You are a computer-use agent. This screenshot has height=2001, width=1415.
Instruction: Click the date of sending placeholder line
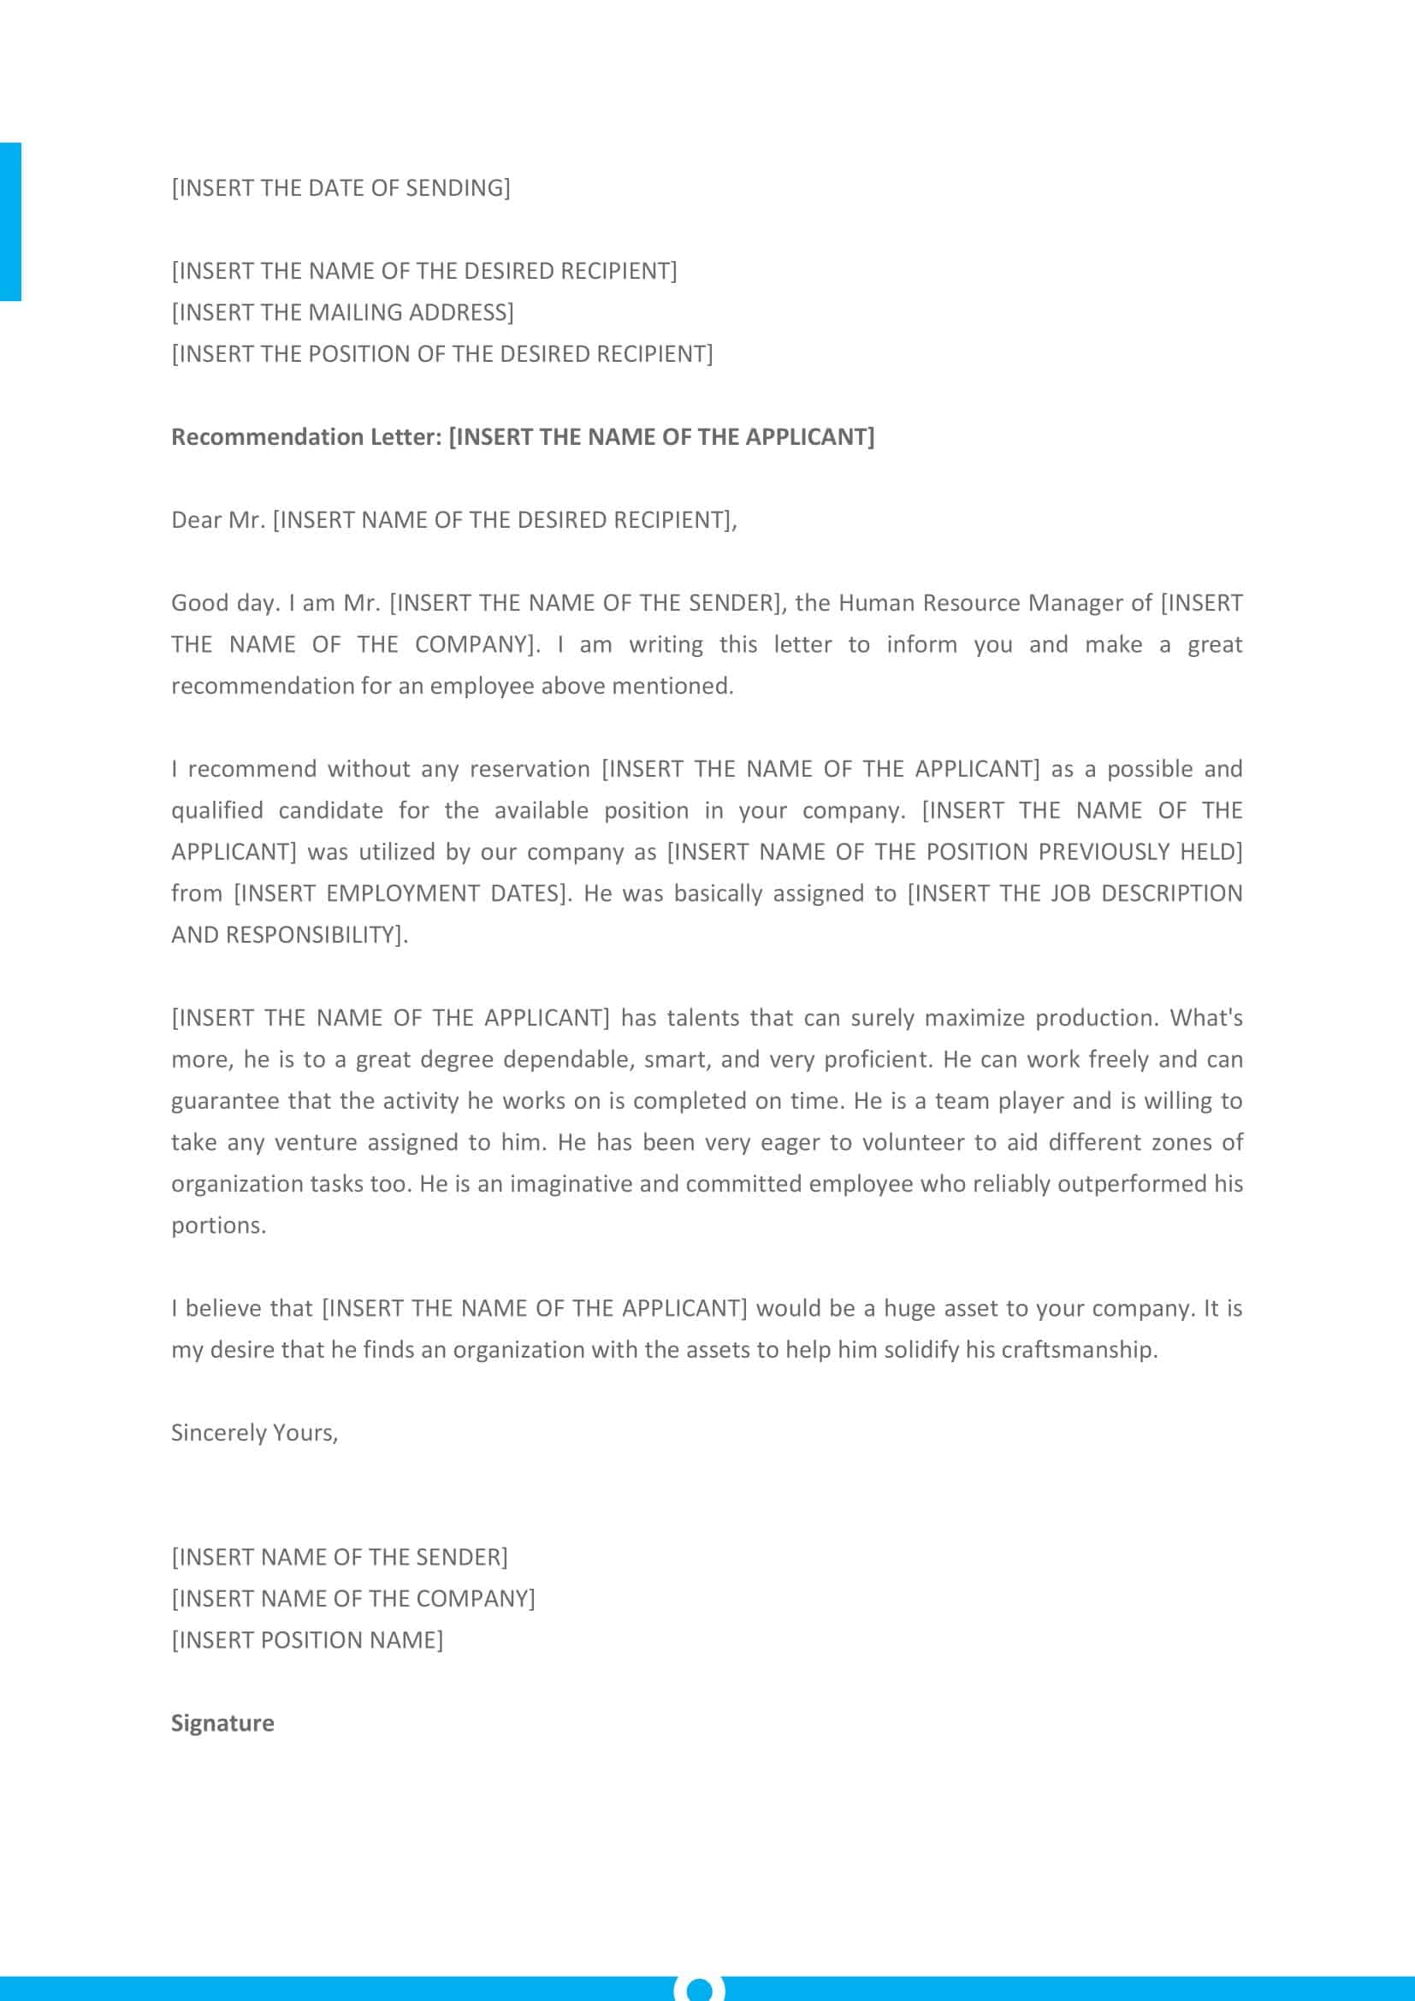coord(340,188)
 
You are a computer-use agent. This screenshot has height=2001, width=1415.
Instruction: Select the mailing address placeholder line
coord(342,312)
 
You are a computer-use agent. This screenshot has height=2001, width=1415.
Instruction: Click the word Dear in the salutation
coord(196,520)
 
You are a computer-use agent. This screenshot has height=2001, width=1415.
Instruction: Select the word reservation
coord(530,769)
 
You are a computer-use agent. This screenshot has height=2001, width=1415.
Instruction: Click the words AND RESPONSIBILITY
coord(288,935)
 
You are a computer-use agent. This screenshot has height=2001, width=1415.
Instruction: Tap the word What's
coord(1206,1018)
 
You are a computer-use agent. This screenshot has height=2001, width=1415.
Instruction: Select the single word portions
coord(218,1225)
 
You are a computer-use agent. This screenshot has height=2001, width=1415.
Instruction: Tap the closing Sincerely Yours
coord(254,1433)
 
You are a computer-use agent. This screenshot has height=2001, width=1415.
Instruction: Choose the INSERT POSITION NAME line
coord(307,1640)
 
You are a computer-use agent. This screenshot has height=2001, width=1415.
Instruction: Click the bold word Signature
coord(222,1723)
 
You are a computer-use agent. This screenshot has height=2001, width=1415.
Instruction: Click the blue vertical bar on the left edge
coord(10,222)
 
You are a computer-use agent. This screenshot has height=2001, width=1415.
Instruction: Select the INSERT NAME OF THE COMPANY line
coord(352,1598)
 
